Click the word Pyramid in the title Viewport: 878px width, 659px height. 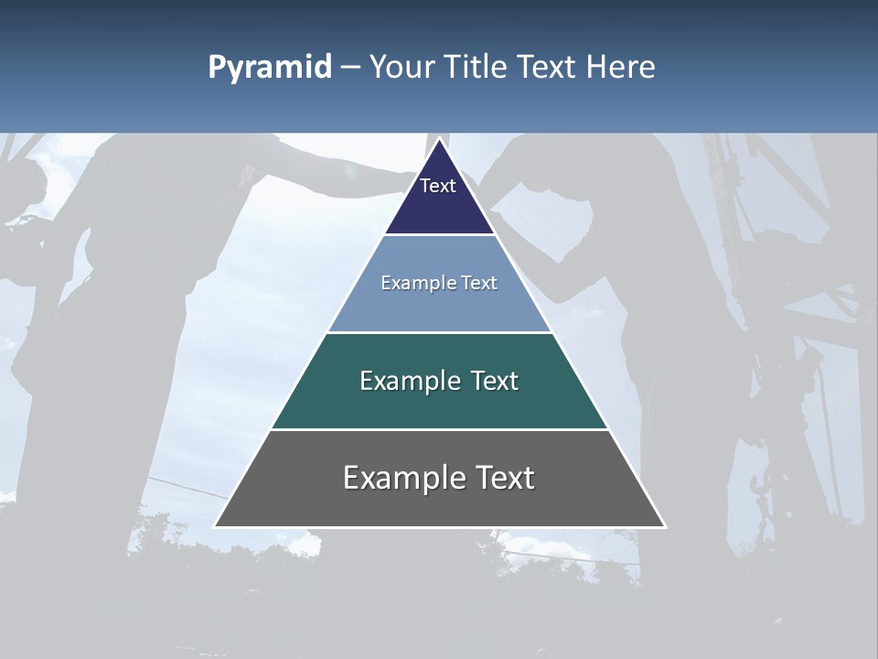(270, 68)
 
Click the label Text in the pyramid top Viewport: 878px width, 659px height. (438, 186)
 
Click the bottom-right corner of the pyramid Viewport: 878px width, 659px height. (664, 526)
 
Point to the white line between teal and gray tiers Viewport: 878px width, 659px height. (439, 429)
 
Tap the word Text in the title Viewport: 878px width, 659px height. (547, 68)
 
